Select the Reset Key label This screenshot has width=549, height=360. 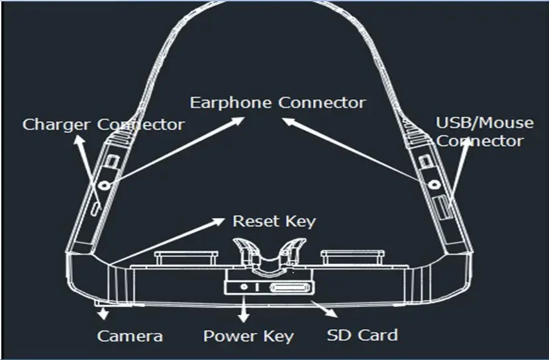coord(274,221)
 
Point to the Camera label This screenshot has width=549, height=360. coord(130,336)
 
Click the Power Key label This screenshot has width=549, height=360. coord(248,336)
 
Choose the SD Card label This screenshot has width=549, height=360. coord(362,335)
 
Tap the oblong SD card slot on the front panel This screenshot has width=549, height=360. coord(289,288)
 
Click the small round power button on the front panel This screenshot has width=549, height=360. coord(246,288)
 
